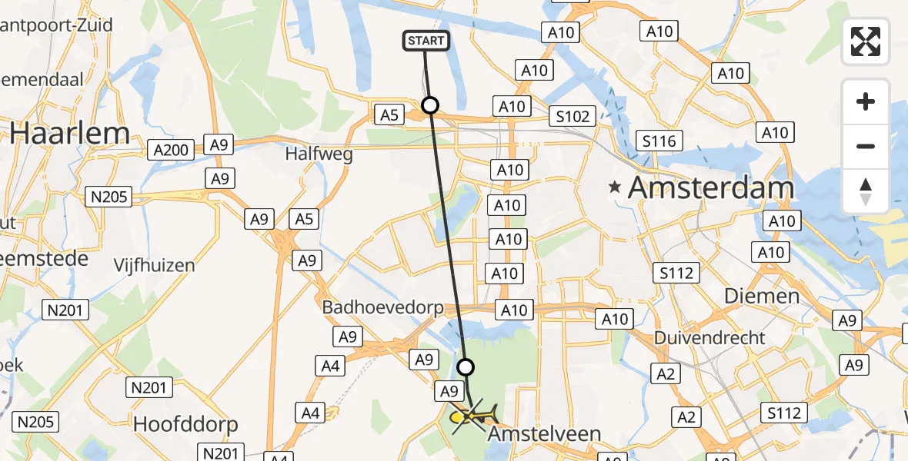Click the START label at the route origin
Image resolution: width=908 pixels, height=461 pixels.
(x=426, y=40)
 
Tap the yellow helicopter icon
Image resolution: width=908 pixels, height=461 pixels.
(x=472, y=416)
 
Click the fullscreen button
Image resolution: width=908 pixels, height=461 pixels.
(x=866, y=41)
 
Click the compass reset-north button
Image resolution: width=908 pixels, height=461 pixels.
(x=866, y=191)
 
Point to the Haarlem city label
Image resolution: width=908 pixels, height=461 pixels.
(x=70, y=134)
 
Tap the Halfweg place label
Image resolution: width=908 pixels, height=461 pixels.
(x=319, y=154)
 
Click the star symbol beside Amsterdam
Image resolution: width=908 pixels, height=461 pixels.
(x=615, y=186)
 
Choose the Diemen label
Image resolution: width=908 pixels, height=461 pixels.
(x=761, y=296)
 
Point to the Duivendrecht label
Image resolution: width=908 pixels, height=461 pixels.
(x=709, y=337)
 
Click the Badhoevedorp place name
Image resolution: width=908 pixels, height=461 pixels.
(x=382, y=307)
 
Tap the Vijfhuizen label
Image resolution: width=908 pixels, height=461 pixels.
(x=154, y=266)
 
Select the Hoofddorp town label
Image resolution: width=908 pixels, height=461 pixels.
(x=185, y=424)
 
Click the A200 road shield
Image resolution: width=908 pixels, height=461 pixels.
(x=170, y=150)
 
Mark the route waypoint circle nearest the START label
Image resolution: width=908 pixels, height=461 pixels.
(x=430, y=105)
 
